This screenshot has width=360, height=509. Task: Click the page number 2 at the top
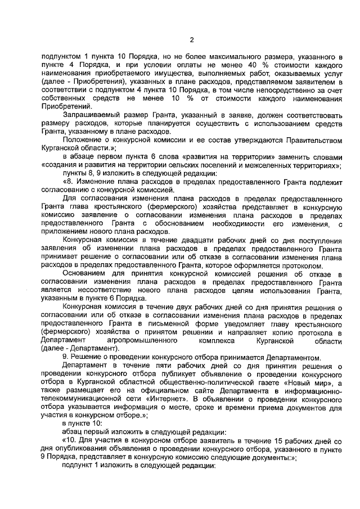[191, 39]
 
